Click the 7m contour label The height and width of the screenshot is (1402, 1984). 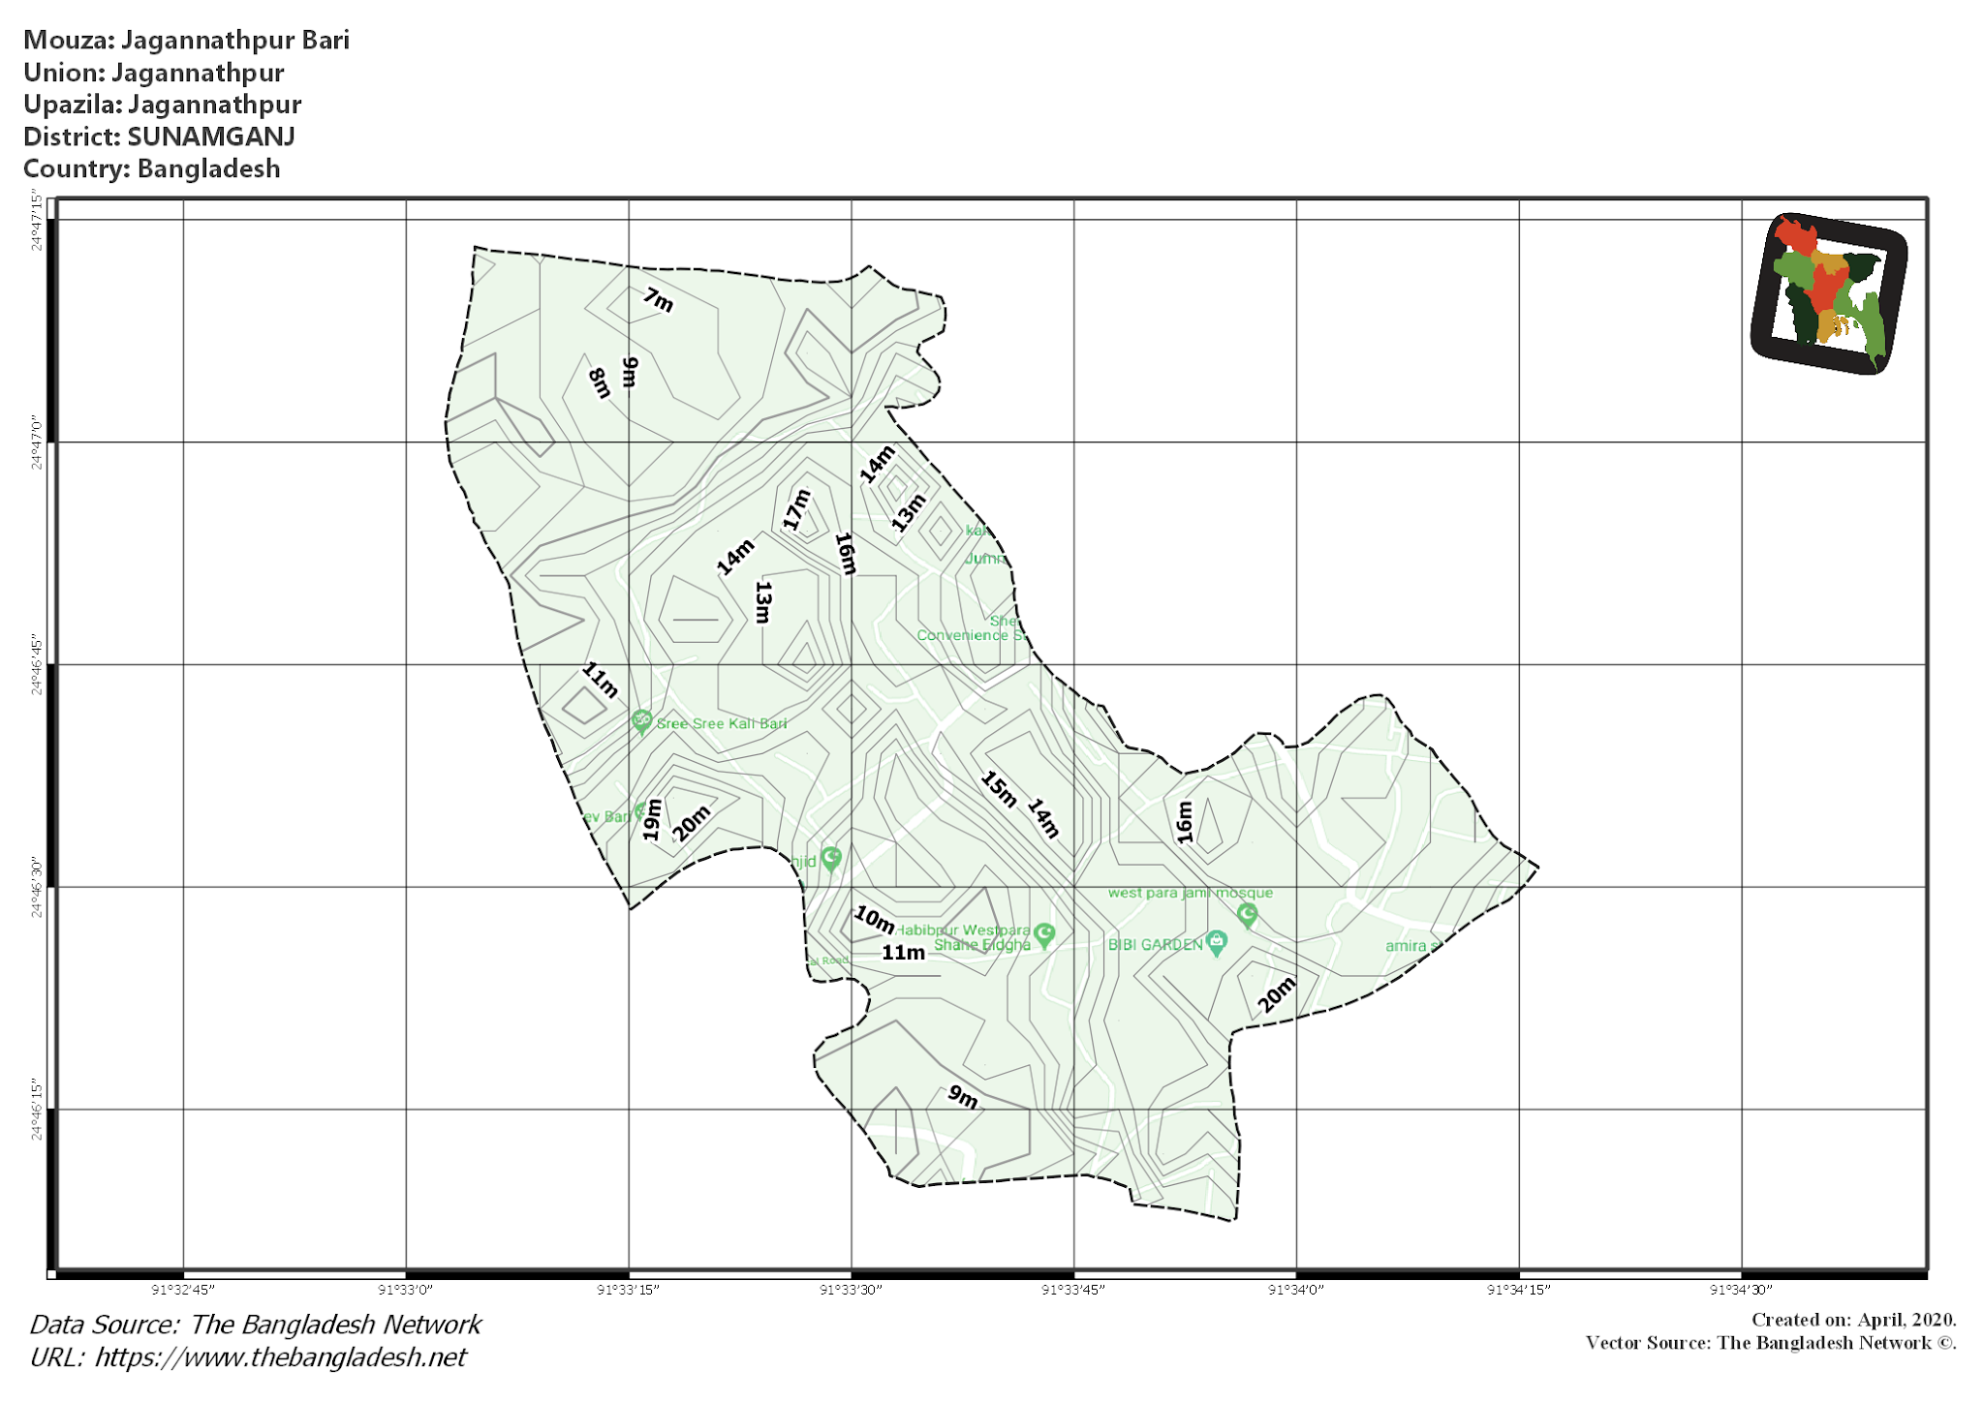tap(658, 300)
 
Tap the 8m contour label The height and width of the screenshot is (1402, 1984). tap(600, 383)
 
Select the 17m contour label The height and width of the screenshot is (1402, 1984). tap(796, 509)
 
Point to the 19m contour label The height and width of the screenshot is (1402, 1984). tap(653, 819)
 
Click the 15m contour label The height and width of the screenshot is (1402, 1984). tap(998, 789)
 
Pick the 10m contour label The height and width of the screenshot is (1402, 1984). tap(874, 919)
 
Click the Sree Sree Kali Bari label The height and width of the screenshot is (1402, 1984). tap(722, 723)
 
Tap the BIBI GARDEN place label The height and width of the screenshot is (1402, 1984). tap(1155, 944)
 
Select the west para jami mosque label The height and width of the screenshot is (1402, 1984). tap(1190, 893)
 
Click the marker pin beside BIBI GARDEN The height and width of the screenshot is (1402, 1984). tap(1217, 942)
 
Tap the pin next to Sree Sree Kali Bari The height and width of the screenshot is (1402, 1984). tap(640, 721)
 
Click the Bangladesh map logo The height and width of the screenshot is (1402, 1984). tap(1828, 293)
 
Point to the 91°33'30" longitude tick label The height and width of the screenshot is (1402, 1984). tap(851, 1290)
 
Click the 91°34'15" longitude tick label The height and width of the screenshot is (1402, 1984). tap(1518, 1290)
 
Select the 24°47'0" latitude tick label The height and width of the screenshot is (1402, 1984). tap(37, 442)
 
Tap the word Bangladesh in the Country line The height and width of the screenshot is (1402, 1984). tap(208, 168)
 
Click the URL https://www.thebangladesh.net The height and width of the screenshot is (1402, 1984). tap(280, 1356)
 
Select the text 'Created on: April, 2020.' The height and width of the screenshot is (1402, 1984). tap(1853, 1320)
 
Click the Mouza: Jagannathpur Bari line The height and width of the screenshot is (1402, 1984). tap(186, 40)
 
